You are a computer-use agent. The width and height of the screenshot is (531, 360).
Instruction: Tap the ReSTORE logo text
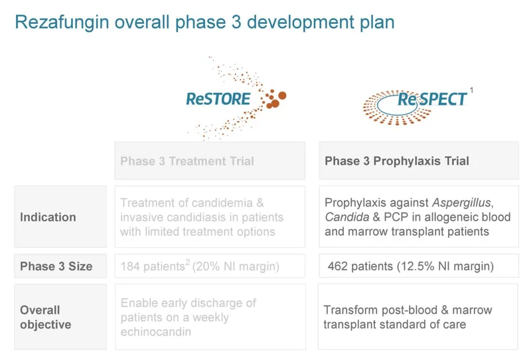pos(218,100)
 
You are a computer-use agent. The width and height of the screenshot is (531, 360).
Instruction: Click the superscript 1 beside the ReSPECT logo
pos(471,89)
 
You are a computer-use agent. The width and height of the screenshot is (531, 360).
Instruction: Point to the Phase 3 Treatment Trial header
pos(187,161)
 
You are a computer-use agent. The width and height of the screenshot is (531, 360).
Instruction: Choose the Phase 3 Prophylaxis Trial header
pos(396,161)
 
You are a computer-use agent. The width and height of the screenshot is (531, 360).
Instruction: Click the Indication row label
pos(48,217)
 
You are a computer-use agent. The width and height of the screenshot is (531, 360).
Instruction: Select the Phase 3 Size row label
pos(56,266)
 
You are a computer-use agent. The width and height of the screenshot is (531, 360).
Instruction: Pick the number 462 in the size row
pos(339,266)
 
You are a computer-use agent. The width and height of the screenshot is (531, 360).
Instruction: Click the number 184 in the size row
pos(131,267)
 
